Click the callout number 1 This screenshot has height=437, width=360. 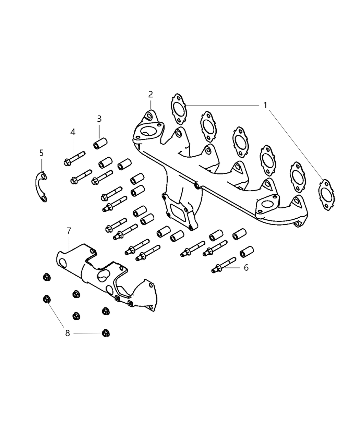(x=265, y=105)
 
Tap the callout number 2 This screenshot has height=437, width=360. (x=151, y=94)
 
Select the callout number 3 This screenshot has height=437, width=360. (x=99, y=119)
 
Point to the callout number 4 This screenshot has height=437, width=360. (x=73, y=132)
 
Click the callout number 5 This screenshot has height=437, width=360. (x=41, y=153)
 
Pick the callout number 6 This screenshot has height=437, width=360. (x=246, y=267)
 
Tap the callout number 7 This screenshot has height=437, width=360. (x=69, y=231)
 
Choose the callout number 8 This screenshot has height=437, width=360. (x=68, y=333)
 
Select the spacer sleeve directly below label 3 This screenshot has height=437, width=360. (x=100, y=144)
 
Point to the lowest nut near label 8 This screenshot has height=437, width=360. (x=106, y=333)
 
